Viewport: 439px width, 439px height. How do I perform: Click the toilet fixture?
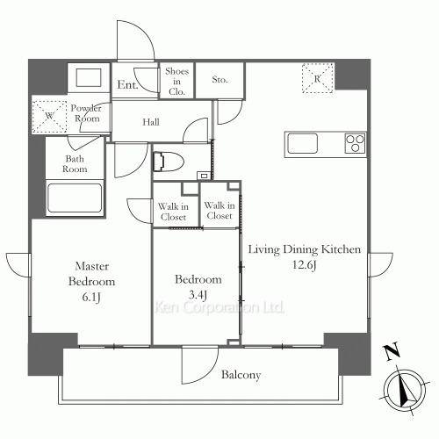[x=169, y=162]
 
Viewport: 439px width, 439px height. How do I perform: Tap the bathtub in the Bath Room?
[x=75, y=198]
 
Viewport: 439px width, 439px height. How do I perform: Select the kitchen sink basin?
[x=302, y=143]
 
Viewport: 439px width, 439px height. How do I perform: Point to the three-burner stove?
[x=355, y=143]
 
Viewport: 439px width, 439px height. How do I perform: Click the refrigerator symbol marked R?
[x=318, y=78]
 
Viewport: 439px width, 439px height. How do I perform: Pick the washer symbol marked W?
[x=49, y=117]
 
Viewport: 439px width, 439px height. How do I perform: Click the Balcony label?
[x=241, y=375]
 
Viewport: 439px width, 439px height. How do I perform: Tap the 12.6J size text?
[x=305, y=265]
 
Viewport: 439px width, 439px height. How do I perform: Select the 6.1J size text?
[x=91, y=298]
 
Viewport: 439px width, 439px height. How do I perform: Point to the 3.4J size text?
[x=198, y=295]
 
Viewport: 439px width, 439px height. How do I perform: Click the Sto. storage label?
[x=219, y=79]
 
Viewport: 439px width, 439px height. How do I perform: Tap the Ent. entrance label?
[x=127, y=85]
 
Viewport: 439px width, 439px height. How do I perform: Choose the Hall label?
[x=151, y=122]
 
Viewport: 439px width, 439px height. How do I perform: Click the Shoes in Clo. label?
[x=176, y=82]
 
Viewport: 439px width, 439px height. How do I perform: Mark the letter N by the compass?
[x=392, y=351]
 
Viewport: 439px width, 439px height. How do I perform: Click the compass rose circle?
[x=405, y=389]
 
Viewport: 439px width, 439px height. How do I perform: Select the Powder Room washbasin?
[x=89, y=77]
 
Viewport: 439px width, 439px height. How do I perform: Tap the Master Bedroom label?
[x=91, y=274]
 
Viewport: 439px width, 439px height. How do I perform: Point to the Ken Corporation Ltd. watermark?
[x=219, y=307]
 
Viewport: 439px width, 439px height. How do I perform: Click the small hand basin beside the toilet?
[x=204, y=176]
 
